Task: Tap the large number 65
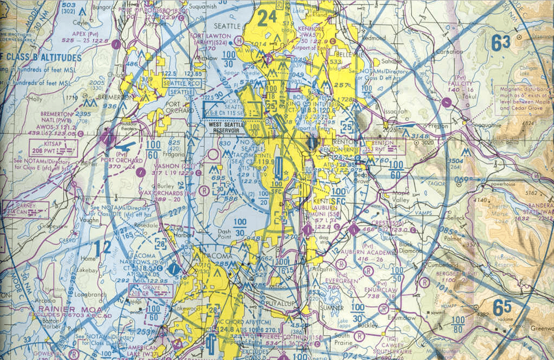(502, 309)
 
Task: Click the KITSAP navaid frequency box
(53, 148)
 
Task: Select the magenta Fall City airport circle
(447, 103)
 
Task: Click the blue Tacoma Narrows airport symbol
(173, 269)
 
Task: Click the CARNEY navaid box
(26, 209)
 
